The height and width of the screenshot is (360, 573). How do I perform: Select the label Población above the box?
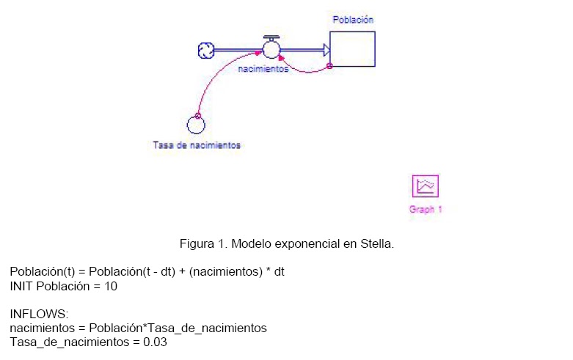[x=353, y=20]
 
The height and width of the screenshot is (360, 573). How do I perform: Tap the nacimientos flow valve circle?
[x=271, y=50]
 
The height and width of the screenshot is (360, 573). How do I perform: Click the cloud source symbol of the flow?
[x=206, y=51]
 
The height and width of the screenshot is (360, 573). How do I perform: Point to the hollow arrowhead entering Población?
[x=326, y=50]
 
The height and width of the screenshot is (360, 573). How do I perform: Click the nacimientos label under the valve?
[x=263, y=69]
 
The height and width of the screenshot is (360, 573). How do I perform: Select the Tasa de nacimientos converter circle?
[x=196, y=125]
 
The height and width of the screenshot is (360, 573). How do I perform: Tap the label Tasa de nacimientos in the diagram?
[x=197, y=145]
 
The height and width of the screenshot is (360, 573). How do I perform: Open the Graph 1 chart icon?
[x=426, y=185]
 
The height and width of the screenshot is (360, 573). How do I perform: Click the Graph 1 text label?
[x=426, y=209]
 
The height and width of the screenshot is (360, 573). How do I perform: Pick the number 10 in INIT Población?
[x=111, y=286]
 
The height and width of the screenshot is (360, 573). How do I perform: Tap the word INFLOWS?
[x=39, y=314]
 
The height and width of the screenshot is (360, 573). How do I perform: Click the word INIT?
[x=21, y=286]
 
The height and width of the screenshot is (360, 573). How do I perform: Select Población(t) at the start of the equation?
[x=43, y=271]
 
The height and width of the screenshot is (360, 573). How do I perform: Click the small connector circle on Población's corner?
[x=329, y=66]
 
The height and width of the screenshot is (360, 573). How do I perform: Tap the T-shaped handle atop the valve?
[x=271, y=38]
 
